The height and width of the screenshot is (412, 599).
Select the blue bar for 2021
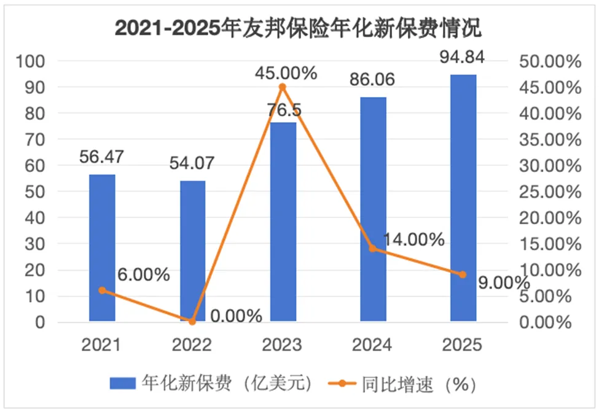pos(102,247)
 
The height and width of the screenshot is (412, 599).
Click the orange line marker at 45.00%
pos(283,87)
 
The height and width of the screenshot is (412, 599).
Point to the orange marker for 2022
pos(192,321)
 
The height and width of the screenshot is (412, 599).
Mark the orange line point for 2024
pos(373,249)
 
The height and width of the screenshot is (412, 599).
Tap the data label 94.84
pos(463,58)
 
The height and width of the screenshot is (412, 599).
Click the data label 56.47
pos(102,157)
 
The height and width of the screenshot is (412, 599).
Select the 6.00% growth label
pos(143,275)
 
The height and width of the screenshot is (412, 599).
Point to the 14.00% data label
pos(413,239)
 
